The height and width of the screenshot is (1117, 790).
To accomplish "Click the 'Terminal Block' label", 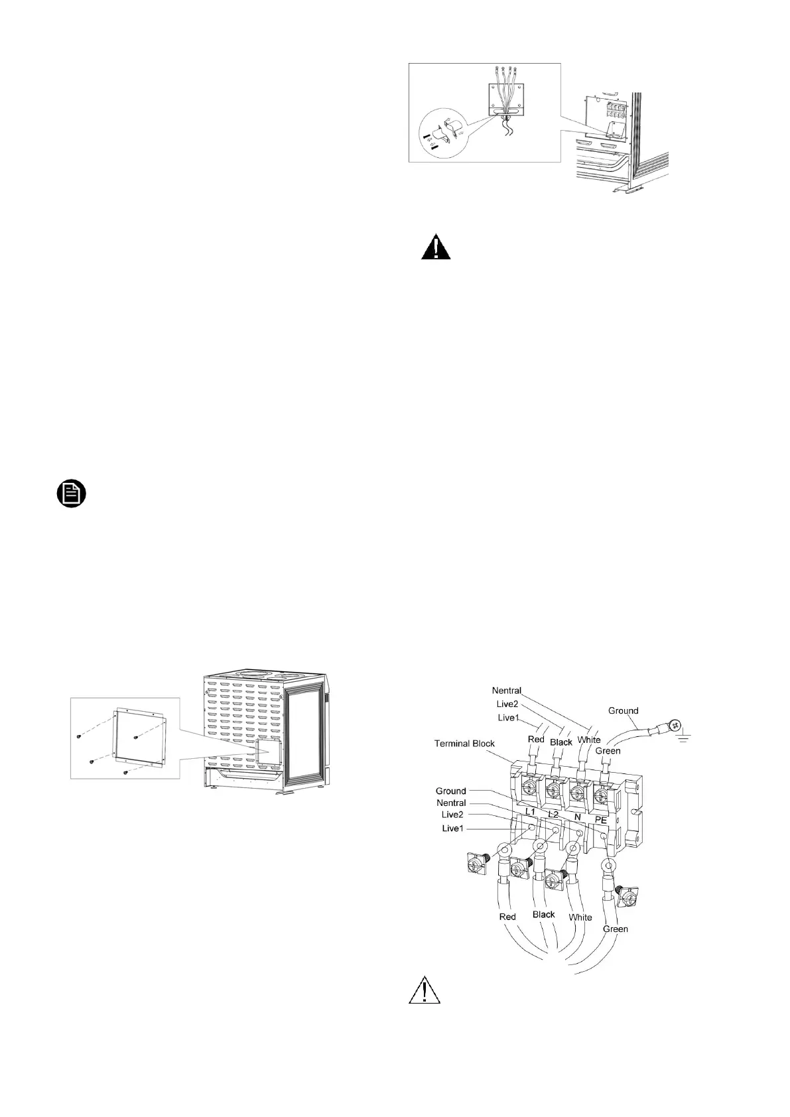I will (464, 743).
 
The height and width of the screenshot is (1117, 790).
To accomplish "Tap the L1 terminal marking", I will (529, 811).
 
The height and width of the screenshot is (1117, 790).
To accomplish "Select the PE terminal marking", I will (600, 820).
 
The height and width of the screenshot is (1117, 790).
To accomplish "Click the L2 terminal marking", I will (553, 813).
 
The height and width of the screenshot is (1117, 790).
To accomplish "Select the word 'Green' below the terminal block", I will (615, 929).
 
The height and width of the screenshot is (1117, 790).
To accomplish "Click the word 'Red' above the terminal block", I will (536, 739).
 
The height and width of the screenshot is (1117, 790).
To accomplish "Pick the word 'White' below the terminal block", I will (580, 917).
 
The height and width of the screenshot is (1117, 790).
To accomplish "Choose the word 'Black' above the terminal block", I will (561, 742).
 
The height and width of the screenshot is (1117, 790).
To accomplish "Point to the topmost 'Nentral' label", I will (506, 690).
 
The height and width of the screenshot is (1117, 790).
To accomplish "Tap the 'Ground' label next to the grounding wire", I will (623, 710).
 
